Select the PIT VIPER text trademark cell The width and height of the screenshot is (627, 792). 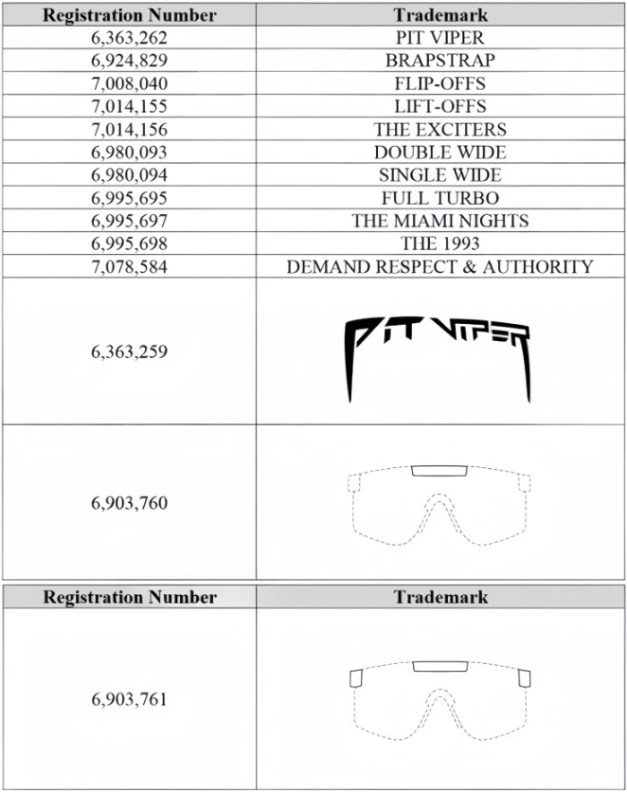point(440,39)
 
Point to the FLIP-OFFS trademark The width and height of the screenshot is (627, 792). point(440,84)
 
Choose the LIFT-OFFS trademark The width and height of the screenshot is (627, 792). point(440,107)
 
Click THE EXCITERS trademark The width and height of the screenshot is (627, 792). point(440,130)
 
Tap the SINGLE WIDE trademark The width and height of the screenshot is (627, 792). point(440,175)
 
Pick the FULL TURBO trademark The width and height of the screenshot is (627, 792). point(440,198)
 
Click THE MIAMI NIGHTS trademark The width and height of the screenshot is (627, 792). point(440,221)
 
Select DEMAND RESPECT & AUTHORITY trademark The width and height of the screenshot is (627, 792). point(440,266)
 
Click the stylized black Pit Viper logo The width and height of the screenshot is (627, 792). point(436,351)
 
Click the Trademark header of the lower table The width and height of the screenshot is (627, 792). point(440,597)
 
